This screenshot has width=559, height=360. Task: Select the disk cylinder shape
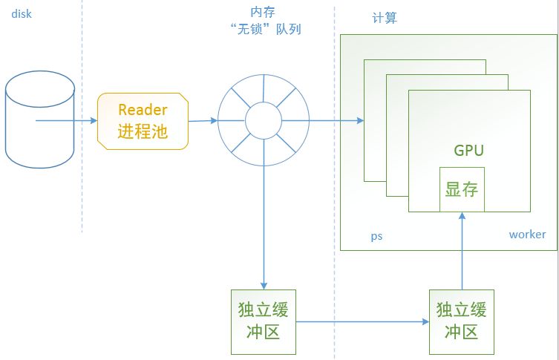[x=40, y=119]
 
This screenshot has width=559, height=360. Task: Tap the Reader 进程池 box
[x=143, y=121]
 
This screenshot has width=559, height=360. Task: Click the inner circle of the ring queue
[x=264, y=120]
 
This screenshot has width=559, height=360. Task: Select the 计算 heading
[x=384, y=18]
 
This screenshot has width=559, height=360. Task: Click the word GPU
[x=468, y=151]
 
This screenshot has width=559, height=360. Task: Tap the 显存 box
[x=462, y=189]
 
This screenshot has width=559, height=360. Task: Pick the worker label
[x=527, y=235]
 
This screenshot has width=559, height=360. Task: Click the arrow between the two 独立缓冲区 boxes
[x=363, y=322]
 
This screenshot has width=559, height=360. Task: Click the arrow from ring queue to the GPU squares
[x=334, y=120]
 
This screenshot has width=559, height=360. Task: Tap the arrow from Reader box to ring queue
[x=203, y=120]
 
